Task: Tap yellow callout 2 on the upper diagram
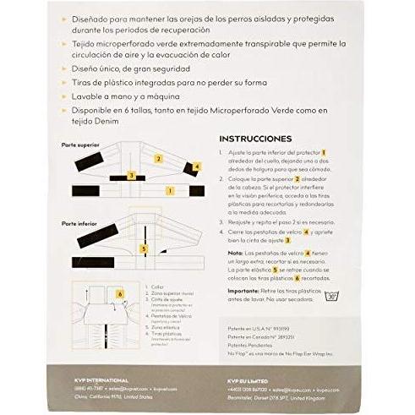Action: click(158, 158)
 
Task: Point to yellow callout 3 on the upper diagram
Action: click(131, 175)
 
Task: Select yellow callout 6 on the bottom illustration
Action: click(120, 293)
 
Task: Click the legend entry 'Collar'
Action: click(153, 287)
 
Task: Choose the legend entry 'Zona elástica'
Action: click(161, 325)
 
